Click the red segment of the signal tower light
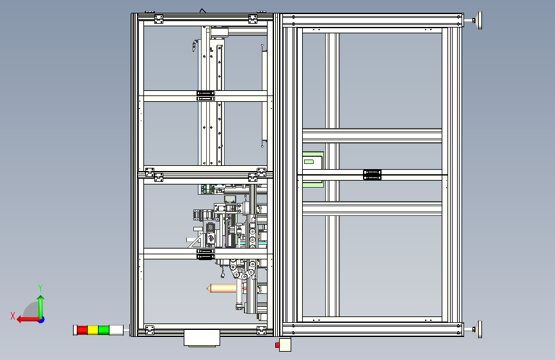[82, 330]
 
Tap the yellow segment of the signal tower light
[92, 330]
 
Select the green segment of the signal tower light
[103, 330]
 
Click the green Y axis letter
[40, 288]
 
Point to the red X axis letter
[13, 315]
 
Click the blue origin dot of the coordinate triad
[41, 318]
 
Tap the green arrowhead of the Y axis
[41, 299]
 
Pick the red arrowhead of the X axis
[20, 318]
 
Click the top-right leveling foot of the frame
[477, 21]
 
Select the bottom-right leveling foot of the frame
[477, 329]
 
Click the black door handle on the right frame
[372, 174]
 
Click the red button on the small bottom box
[277, 345]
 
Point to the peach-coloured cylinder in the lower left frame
[221, 289]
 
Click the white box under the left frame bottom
[201, 338]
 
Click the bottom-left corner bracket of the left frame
[150, 329]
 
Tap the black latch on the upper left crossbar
[204, 95]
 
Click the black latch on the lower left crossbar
[204, 254]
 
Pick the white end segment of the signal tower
[116, 330]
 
